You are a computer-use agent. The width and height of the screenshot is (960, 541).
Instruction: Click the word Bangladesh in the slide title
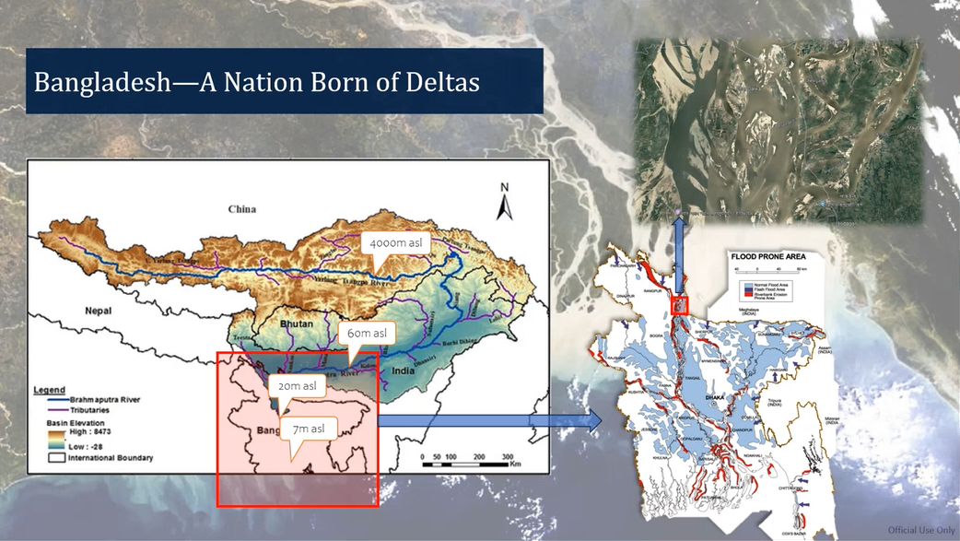click(x=99, y=82)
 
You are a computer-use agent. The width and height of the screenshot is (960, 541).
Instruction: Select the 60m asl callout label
click(x=366, y=332)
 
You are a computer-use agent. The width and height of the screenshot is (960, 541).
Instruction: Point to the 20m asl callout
click(x=299, y=386)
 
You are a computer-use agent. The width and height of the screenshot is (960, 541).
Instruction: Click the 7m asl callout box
click(x=310, y=429)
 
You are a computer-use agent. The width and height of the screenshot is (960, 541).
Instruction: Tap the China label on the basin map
click(x=242, y=209)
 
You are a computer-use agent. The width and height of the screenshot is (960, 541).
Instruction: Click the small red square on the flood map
click(x=681, y=305)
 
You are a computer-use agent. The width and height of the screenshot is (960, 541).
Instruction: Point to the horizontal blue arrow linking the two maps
click(x=488, y=421)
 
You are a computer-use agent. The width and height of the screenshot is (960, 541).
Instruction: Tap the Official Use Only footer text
click(x=920, y=530)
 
